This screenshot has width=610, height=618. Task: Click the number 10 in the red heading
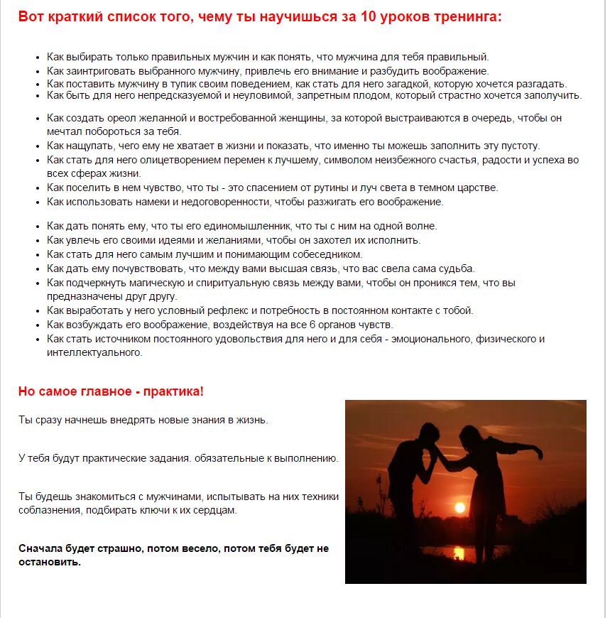pos(369,16)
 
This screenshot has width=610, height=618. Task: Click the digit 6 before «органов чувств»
pos(312,325)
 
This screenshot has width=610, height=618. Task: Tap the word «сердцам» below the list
pos(215,510)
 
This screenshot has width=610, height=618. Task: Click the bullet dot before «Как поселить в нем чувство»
pos(37,188)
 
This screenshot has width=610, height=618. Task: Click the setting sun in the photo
pos(459,507)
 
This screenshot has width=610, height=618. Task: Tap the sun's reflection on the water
pos(459,552)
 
